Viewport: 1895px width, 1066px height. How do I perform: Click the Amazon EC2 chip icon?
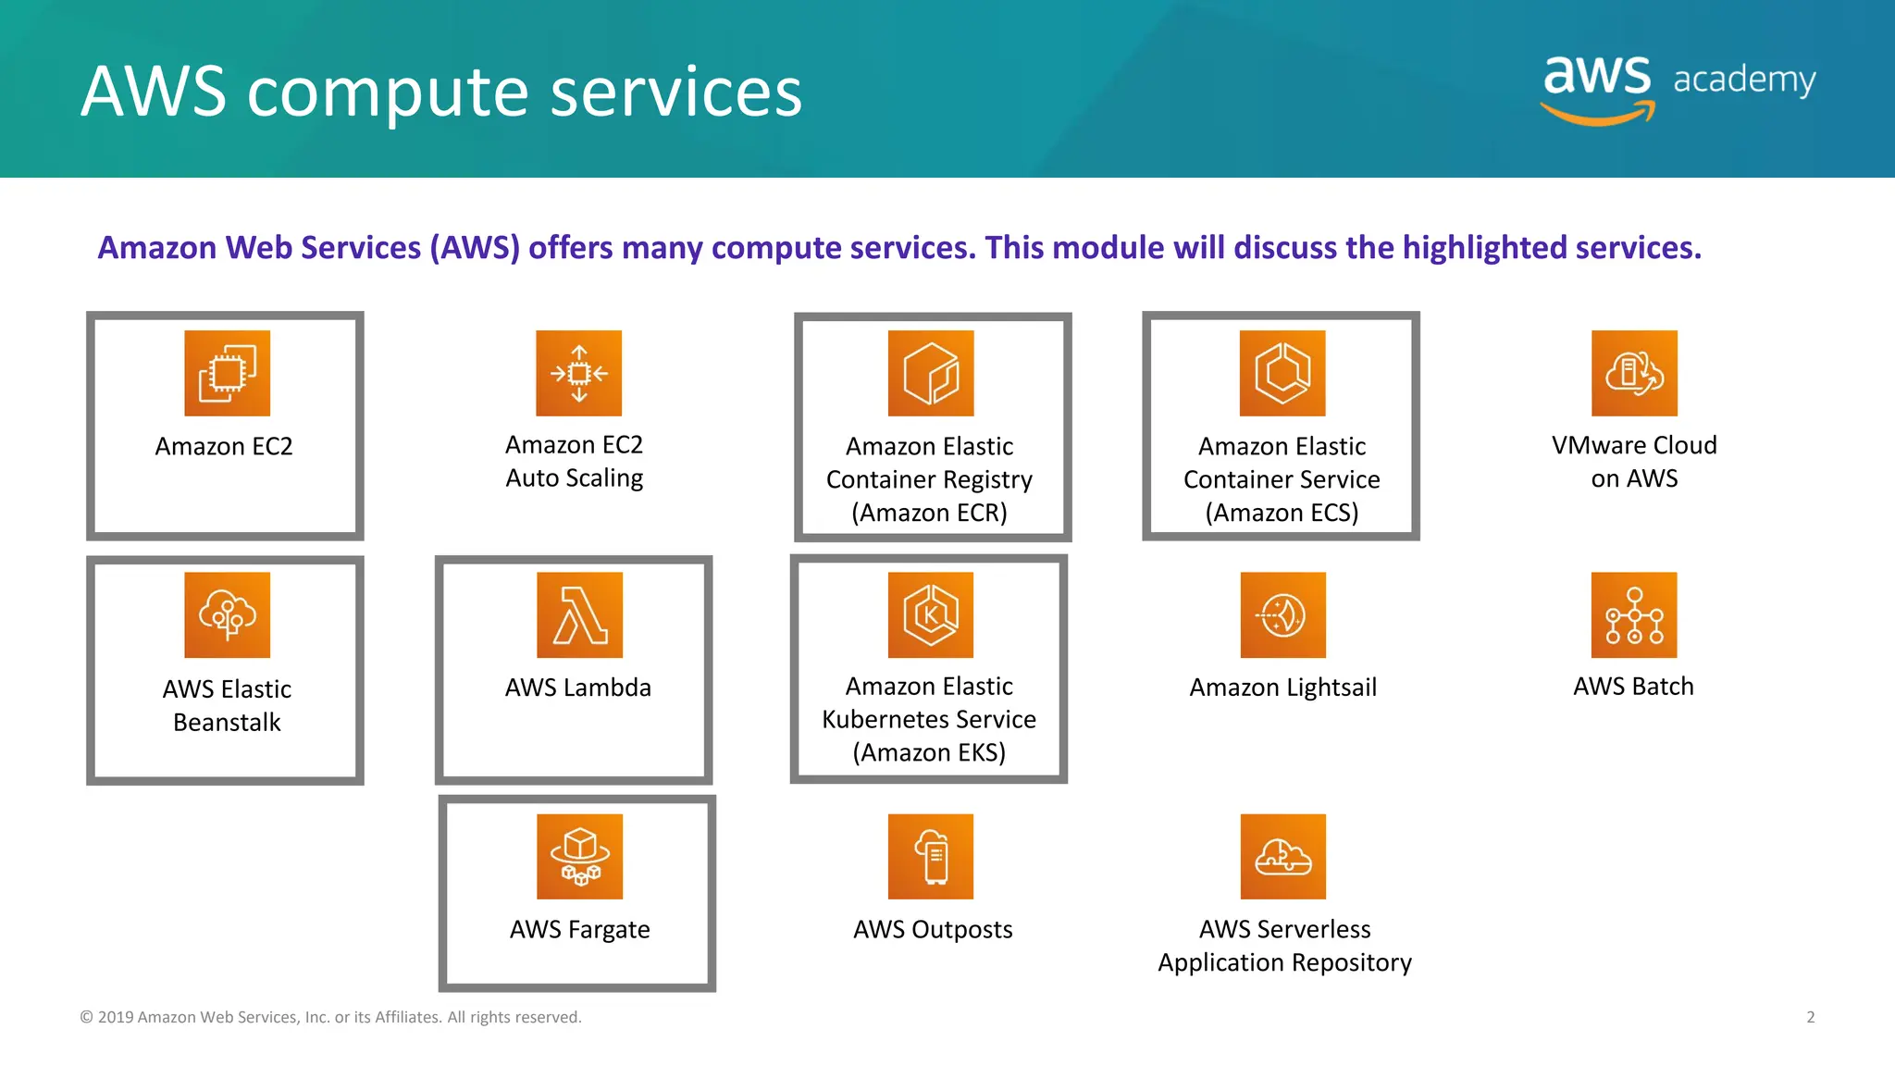(x=227, y=373)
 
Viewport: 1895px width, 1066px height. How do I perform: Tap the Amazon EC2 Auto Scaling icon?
(x=578, y=373)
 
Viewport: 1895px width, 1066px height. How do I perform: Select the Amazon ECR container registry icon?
(x=931, y=373)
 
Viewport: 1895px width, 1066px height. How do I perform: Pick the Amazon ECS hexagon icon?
(x=1282, y=373)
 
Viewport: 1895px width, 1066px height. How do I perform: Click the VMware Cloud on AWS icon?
(x=1634, y=373)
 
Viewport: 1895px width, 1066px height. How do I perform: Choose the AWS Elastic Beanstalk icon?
(x=227, y=614)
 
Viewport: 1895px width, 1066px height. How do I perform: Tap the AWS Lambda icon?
(x=579, y=614)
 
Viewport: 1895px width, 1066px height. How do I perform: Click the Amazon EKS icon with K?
(x=931, y=614)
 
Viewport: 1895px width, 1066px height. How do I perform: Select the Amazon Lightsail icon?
(x=1282, y=614)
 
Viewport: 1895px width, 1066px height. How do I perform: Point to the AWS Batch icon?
(x=1634, y=614)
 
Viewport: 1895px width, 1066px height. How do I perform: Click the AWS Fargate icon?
(x=579, y=856)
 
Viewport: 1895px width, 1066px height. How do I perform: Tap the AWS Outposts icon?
(x=931, y=856)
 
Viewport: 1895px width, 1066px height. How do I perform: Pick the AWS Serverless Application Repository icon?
(x=1282, y=856)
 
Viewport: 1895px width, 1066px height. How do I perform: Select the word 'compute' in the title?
(x=389, y=93)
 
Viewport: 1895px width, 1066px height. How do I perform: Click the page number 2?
(x=1811, y=1017)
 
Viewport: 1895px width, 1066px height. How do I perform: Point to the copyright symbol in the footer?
(x=87, y=1017)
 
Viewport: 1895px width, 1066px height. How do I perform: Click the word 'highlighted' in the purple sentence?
(x=1484, y=248)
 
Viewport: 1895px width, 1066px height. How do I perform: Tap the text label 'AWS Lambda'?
(x=578, y=688)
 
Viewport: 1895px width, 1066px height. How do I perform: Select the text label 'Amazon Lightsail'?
(x=1282, y=688)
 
